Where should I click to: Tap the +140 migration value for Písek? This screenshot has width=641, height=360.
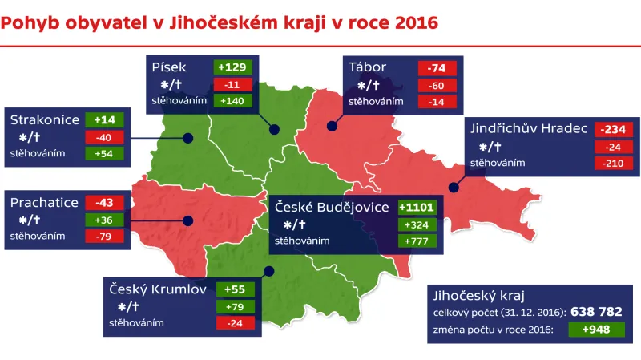[233, 101]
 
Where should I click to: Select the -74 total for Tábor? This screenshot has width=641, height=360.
[437, 68]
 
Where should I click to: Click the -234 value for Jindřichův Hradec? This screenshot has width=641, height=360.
[614, 129]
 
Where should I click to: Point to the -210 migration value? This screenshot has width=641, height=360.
[614, 163]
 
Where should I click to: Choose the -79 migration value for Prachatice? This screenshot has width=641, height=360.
[104, 237]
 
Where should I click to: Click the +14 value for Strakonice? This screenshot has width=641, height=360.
[104, 119]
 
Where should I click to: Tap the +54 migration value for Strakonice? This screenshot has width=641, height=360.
[104, 153]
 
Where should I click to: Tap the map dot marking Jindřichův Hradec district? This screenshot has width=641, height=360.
[454, 188]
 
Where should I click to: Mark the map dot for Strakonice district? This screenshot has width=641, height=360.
[187, 138]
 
